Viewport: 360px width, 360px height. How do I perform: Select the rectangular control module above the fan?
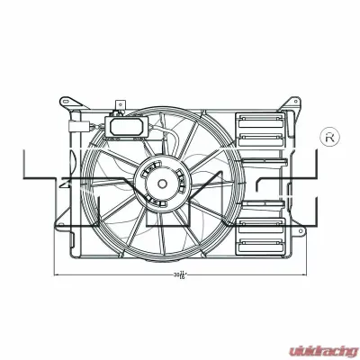pyautogui.click(x=123, y=128)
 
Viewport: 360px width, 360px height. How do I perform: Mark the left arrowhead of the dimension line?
pyautogui.click(x=56, y=273)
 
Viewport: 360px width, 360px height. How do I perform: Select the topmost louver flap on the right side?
pyautogui.click(x=262, y=120)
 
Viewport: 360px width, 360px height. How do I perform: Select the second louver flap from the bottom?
pyautogui.click(x=262, y=223)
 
